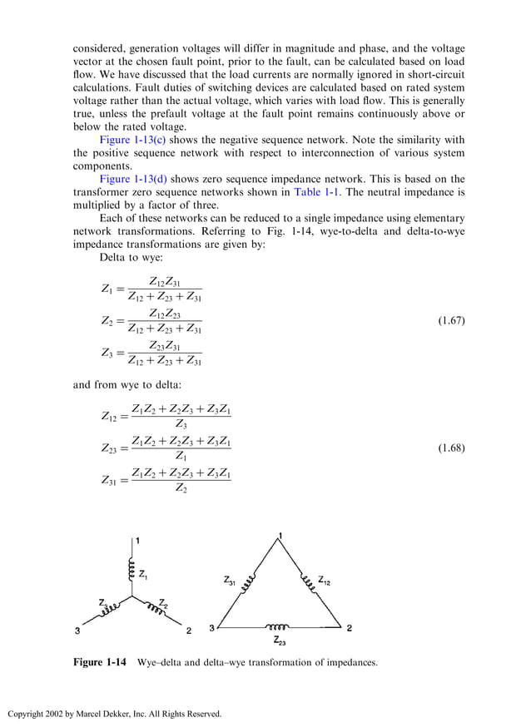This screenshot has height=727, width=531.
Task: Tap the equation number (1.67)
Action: pyautogui.click(x=450, y=320)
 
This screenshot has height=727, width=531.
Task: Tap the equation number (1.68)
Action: pyautogui.click(x=450, y=448)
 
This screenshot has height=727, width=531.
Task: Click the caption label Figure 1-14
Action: pyautogui.click(x=100, y=662)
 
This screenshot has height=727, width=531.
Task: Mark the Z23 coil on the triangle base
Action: pyautogui.click(x=277, y=627)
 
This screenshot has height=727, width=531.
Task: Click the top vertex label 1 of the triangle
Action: pyautogui.click(x=280, y=534)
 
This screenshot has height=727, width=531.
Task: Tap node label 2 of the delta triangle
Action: pyautogui.click(x=349, y=628)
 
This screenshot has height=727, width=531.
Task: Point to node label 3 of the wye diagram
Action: pyautogui.click(x=77, y=631)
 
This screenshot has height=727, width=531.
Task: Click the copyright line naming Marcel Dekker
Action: pyautogui.click(x=115, y=714)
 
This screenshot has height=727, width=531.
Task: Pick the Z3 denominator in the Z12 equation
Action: pyautogui.click(x=181, y=423)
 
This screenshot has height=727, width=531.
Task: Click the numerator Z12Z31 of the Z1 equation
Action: pyautogui.click(x=164, y=282)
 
